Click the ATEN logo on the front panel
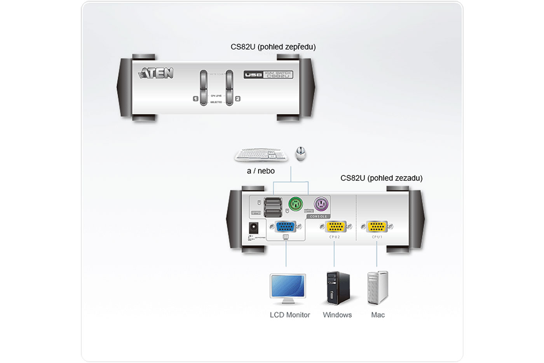(156, 73)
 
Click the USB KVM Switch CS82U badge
(268, 74)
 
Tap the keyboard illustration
(261, 154)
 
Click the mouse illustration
(300, 153)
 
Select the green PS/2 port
(296, 204)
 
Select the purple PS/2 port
(321, 203)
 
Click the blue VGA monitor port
(286, 226)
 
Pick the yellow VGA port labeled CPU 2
(335, 226)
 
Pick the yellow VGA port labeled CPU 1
(377, 226)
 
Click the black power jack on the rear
(254, 228)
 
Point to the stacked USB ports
(273, 207)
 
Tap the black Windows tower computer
(338, 288)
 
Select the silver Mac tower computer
(377, 288)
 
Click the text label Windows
(337, 315)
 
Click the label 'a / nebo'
(261, 171)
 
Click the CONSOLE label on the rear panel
(318, 216)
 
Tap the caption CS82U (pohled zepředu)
(273, 47)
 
